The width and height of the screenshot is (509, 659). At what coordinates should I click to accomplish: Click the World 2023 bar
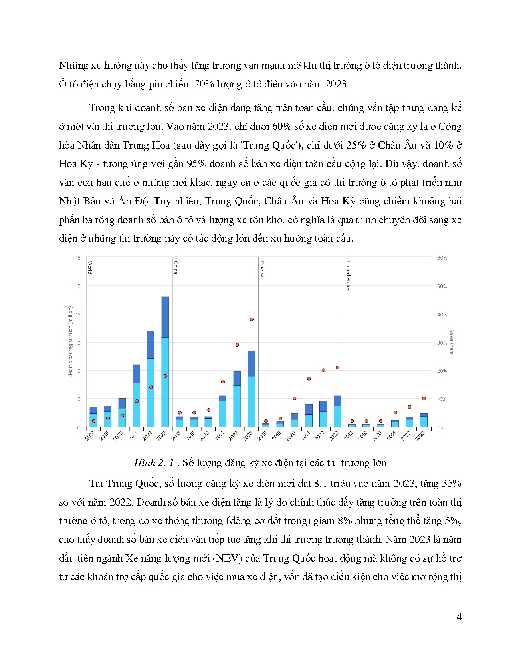click(x=165, y=361)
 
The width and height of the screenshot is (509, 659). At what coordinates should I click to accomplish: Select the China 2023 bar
click(x=251, y=389)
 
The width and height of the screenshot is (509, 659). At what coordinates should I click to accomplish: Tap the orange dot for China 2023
click(x=252, y=320)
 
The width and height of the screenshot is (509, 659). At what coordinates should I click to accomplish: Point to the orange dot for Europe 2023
click(x=338, y=367)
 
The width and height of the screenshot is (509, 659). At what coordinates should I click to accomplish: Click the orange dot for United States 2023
click(x=424, y=398)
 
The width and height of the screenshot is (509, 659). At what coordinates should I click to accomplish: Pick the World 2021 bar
click(x=136, y=395)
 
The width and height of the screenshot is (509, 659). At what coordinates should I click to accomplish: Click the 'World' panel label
click(x=90, y=267)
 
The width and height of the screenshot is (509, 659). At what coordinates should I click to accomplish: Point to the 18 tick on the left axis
click(x=78, y=258)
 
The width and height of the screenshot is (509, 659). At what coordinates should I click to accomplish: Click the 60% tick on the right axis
click(x=442, y=258)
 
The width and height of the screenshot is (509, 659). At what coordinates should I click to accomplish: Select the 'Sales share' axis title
click(x=452, y=342)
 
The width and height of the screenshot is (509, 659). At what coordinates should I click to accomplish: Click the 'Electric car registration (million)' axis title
click(x=70, y=342)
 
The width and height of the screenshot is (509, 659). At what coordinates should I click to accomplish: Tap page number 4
click(x=459, y=617)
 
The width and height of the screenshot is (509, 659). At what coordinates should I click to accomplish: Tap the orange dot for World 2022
click(x=151, y=387)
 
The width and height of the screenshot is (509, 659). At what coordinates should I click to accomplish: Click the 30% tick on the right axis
click(x=442, y=343)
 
